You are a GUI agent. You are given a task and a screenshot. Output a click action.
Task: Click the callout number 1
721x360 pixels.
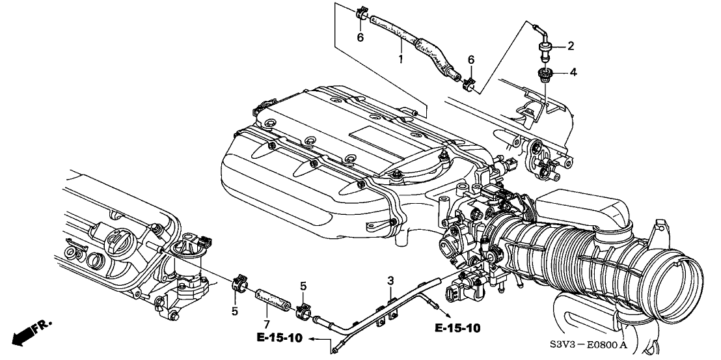tap(401, 59)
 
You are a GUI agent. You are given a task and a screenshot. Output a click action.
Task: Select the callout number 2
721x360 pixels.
tap(571, 46)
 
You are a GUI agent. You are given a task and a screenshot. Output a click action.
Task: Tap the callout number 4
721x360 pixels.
tap(573, 72)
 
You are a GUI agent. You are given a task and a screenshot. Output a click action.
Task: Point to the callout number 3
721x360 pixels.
tap(390, 281)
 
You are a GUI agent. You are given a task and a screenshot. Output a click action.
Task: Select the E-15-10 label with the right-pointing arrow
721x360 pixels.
tap(457, 327)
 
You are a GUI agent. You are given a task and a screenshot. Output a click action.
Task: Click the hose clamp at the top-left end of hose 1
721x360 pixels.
tap(362, 14)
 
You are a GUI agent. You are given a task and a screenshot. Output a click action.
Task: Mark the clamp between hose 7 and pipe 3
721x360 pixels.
tap(303, 311)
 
